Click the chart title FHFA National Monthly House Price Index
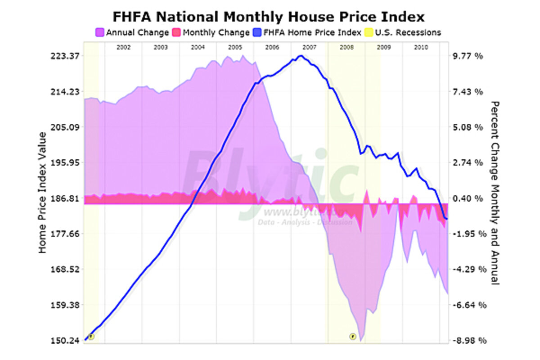click(269, 17)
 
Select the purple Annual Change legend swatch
click(100, 32)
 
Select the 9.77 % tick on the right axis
click(469, 56)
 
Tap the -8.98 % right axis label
click(469, 341)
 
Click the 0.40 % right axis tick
click(469, 198)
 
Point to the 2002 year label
click(123, 47)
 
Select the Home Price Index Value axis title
click(42, 193)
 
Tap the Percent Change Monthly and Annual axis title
click(495, 193)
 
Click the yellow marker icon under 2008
click(353, 336)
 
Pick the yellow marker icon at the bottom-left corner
click(91, 336)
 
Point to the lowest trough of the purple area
click(361, 340)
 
